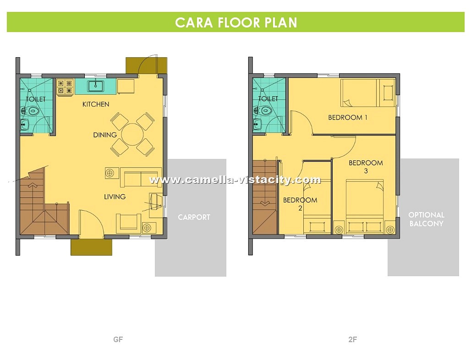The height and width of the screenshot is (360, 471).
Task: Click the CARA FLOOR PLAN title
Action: pos(236,22)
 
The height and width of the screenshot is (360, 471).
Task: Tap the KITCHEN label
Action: pos(96,104)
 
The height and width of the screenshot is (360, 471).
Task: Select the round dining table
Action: pos(132,134)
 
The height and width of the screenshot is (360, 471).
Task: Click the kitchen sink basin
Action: pos(96,86)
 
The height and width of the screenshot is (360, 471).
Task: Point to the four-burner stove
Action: pos(65,87)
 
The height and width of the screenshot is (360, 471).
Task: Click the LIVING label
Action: pos(115,196)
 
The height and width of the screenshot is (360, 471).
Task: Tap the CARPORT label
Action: pos(194,217)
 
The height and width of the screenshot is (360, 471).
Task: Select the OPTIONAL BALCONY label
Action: pos(426,219)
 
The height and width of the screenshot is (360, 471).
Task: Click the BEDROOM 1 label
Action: pos(348,117)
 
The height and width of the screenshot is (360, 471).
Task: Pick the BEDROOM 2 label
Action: pos(300,204)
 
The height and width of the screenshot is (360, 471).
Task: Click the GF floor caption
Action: pos(118,339)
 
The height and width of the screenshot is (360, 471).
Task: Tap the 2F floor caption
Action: pos(352,339)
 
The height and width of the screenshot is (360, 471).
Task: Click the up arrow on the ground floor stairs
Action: pos(33,185)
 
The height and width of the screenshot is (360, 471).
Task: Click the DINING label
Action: pos(105,135)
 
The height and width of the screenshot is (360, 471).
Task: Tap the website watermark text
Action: pos(235,180)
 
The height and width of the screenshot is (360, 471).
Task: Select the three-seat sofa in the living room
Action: pos(141,177)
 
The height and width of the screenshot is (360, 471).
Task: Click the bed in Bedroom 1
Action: pos(367,93)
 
